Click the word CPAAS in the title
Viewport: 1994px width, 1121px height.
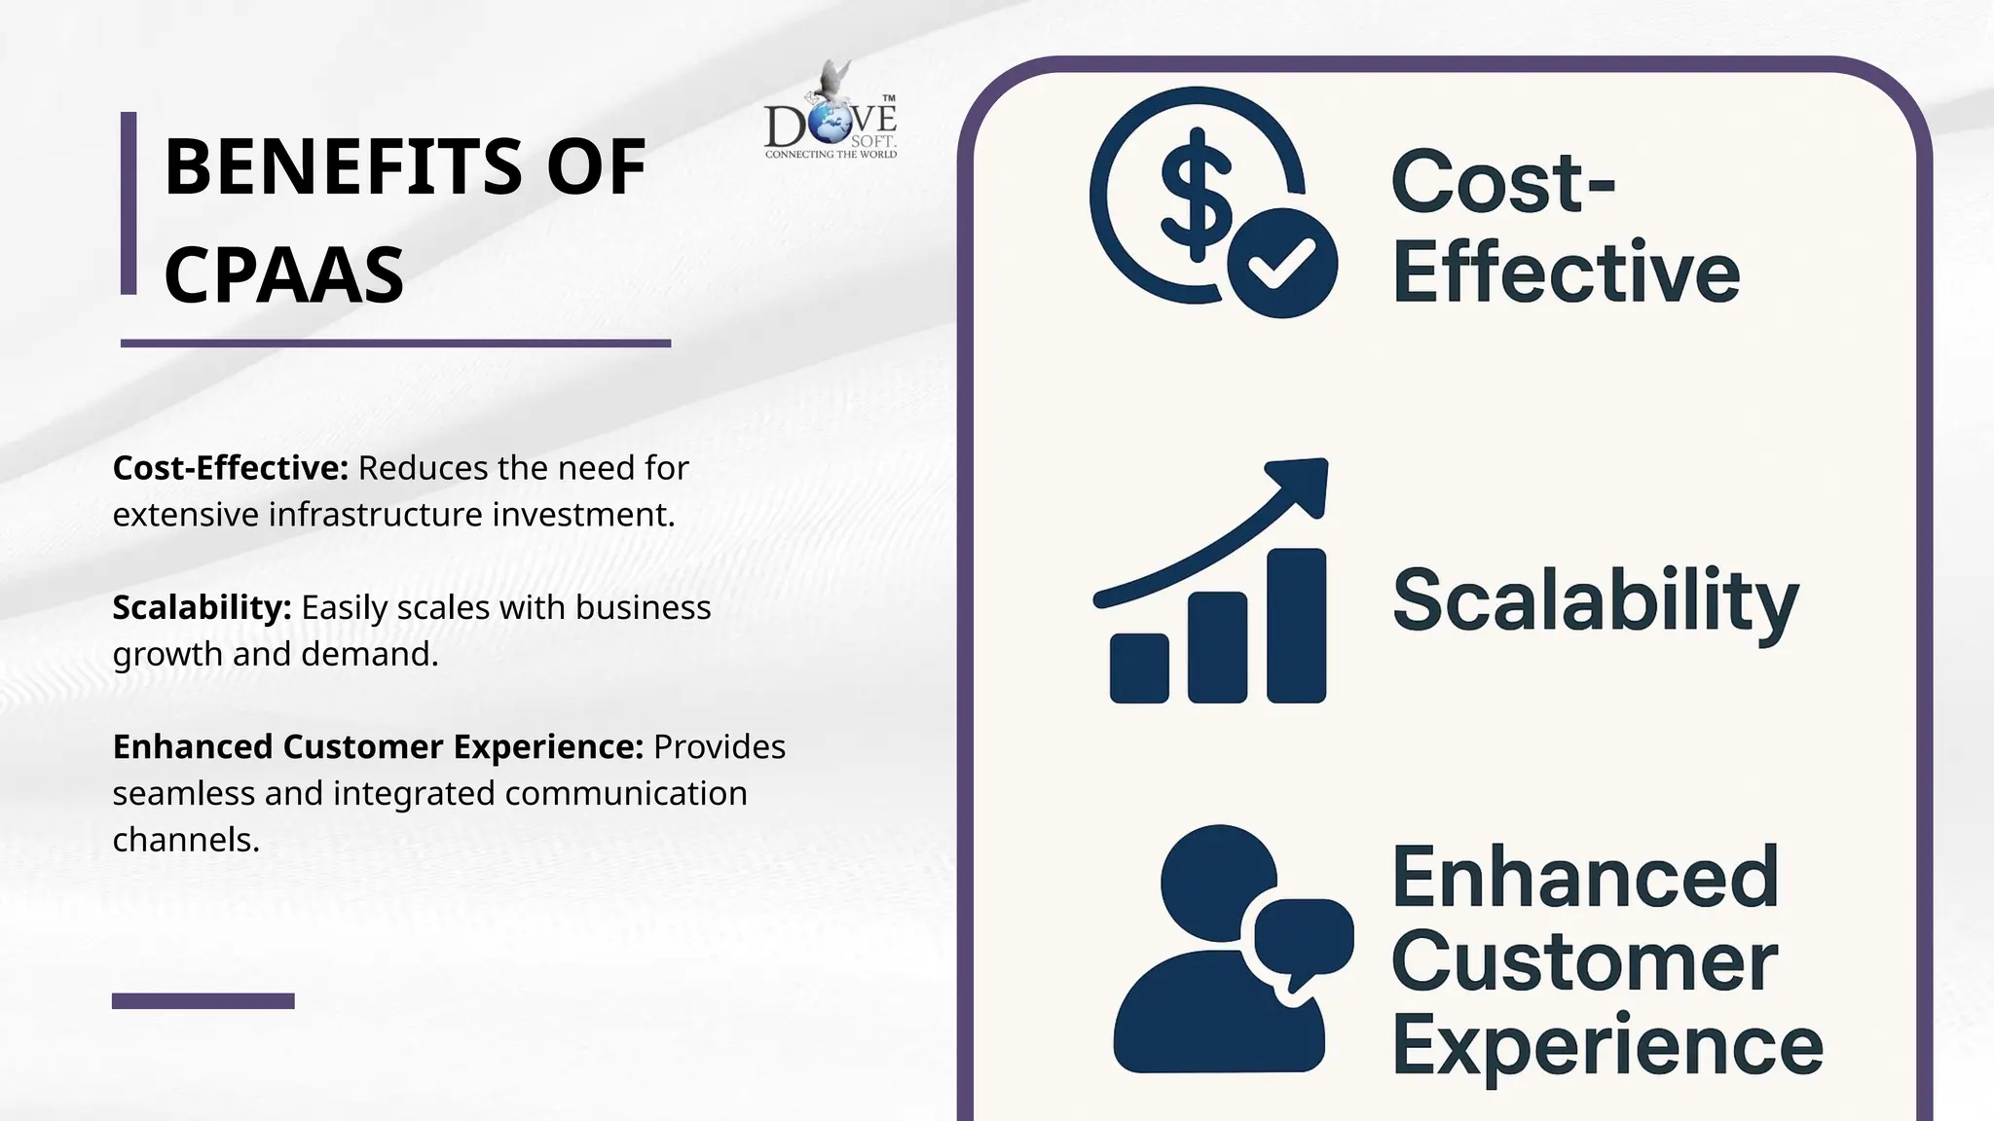tap(283, 275)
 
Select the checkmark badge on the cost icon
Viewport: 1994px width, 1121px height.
tap(1281, 263)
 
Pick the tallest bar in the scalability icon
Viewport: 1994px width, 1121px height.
tap(1296, 625)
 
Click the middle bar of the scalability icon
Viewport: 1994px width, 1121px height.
tap(1217, 646)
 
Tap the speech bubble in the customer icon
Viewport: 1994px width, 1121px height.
tap(1303, 939)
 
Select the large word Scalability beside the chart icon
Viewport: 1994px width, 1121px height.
tap(1595, 600)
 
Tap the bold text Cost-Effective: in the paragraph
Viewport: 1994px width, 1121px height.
tap(230, 468)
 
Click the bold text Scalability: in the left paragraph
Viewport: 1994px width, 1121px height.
tap(202, 607)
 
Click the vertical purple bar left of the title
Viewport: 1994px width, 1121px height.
tap(129, 202)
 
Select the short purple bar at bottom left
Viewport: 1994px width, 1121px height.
tap(203, 1000)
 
